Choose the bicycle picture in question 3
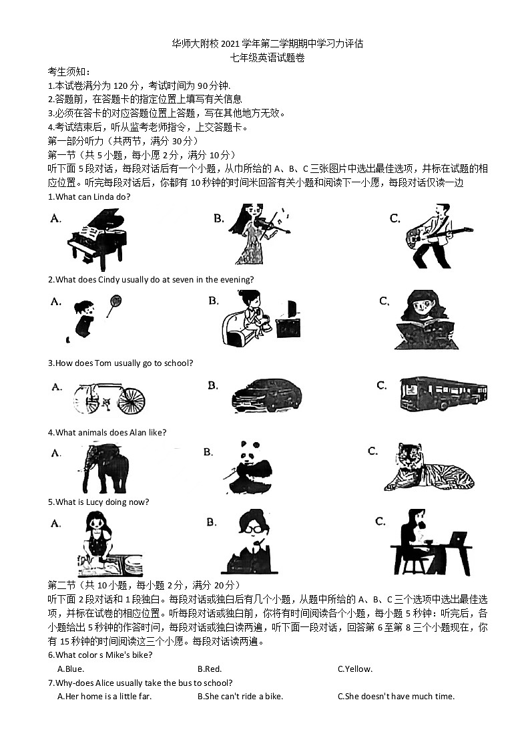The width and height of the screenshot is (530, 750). point(109,399)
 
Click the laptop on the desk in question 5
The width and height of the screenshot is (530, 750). point(458,538)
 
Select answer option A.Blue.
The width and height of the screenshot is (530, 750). point(71,669)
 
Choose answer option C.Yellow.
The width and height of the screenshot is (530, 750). point(355,669)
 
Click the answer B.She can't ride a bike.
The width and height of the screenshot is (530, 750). point(240,696)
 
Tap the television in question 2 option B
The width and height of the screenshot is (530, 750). point(288,325)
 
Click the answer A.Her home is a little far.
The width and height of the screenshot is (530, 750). point(105,696)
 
